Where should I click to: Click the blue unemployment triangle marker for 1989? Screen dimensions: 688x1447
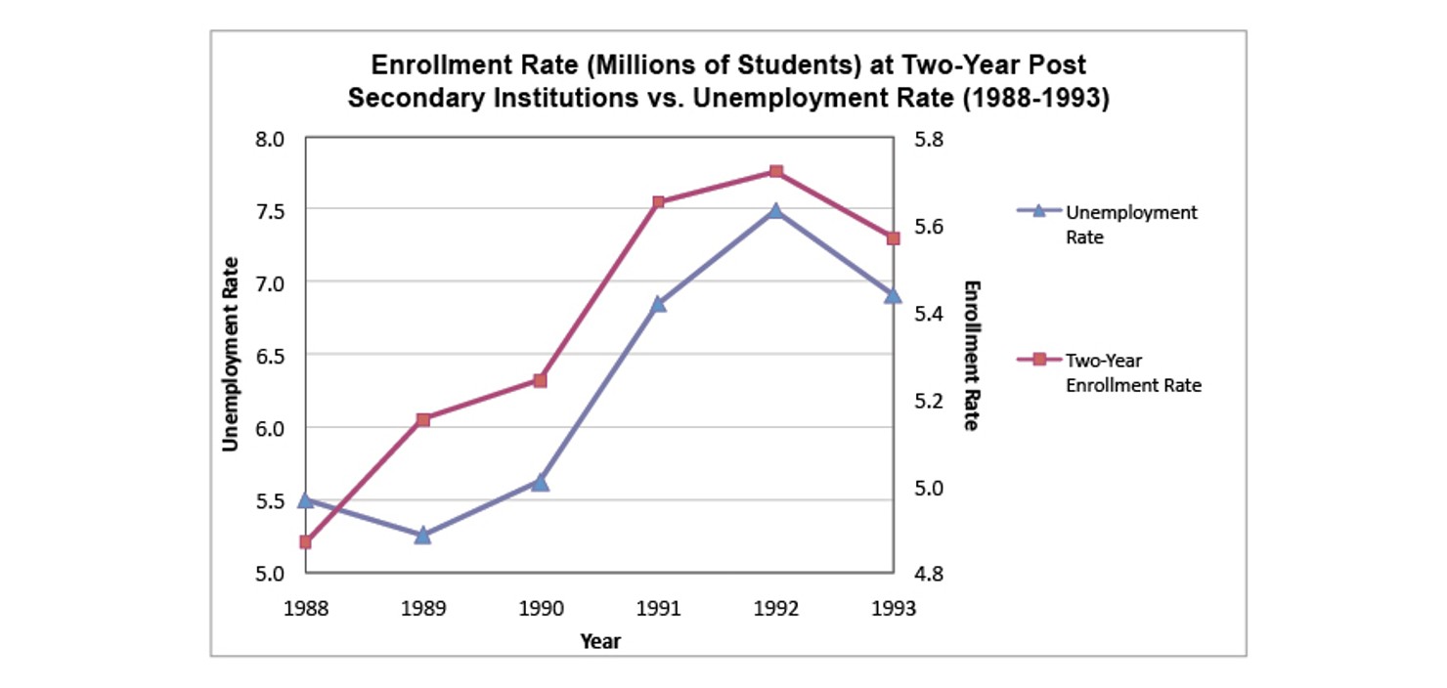[x=422, y=535]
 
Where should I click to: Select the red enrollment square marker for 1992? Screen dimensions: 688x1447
[x=775, y=172]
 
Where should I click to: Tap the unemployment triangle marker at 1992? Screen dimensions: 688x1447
[x=775, y=210]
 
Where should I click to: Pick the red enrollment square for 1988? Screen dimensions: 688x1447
[x=305, y=541]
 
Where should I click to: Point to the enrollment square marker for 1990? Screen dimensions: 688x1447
[x=540, y=380]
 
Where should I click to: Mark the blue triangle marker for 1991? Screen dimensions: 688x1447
[x=658, y=304]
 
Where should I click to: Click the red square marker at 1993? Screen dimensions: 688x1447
[x=893, y=238]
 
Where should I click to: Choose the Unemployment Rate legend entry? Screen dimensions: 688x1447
[x=1130, y=224]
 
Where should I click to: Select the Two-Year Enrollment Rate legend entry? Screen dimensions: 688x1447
[x=1132, y=372]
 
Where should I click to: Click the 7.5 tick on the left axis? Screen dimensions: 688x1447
[x=271, y=210]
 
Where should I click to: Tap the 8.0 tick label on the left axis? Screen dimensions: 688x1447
[x=271, y=139]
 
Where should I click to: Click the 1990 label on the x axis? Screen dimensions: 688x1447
[x=541, y=608]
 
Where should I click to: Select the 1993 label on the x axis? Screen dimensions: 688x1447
[x=893, y=608]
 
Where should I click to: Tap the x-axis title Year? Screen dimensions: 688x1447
[x=599, y=641]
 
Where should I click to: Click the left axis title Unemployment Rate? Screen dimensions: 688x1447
[x=231, y=354]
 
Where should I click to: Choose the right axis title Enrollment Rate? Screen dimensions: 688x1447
[x=971, y=356]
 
